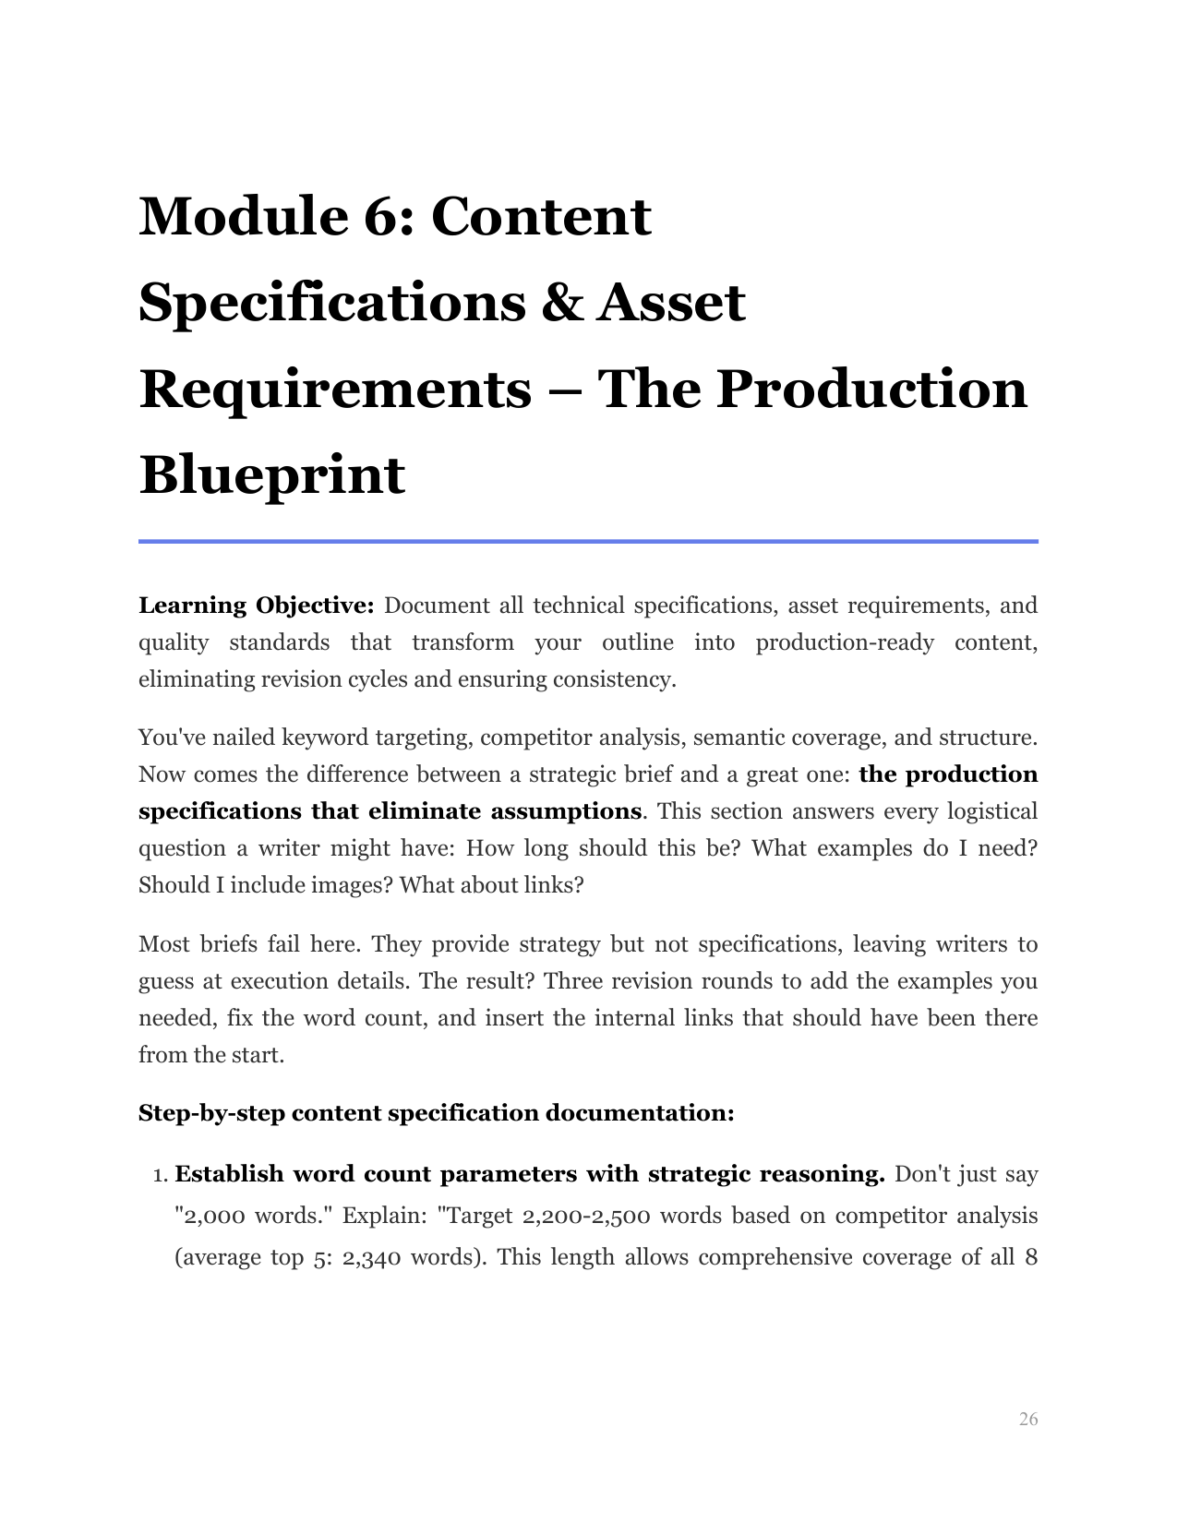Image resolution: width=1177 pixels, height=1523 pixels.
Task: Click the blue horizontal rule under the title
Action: pyautogui.click(x=588, y=542)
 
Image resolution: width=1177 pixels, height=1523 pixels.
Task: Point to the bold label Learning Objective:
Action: pyautogui.click(x=256, y=606)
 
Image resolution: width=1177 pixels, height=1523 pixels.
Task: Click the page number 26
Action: pyautogui.click(x=1027, y=1419)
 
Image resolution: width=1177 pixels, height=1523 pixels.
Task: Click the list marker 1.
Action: pyautogui.click(x=159, y=1175)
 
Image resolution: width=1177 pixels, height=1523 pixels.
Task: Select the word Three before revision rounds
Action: pyautogui.click(x=572, y=980)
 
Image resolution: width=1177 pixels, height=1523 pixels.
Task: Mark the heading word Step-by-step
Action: pyautogui.click(x=211, y=1113)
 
